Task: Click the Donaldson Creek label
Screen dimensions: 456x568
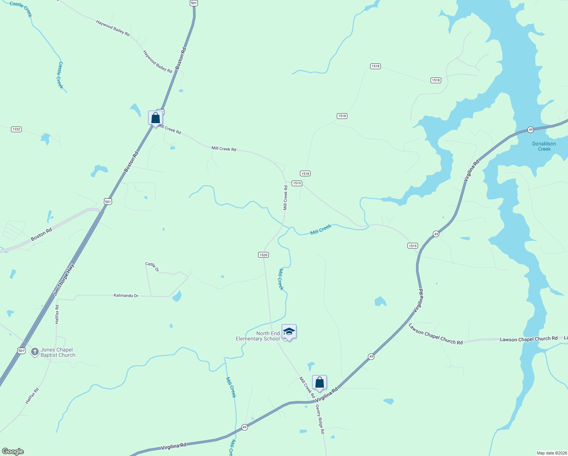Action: (x=544, y=146)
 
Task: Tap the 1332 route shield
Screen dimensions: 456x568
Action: (x=16, y=129)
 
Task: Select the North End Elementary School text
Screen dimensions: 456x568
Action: (x=258, y=336)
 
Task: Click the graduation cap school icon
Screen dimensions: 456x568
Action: (x=289, y=331)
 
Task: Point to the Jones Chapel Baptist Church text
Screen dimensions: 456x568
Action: (x=58, y=352)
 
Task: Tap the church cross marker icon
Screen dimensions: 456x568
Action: (x=35, y=351)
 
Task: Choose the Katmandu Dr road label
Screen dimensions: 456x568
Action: (x=126, y=295)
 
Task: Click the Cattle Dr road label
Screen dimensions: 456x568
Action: (x=152, y=266)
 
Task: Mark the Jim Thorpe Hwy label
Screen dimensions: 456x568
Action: (x=64, y=280)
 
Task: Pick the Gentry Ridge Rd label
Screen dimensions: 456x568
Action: (x=320, y=419)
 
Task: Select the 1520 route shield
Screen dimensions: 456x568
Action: (x=263, y=255)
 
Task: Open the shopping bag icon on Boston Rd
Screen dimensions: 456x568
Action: (x=155, y=118)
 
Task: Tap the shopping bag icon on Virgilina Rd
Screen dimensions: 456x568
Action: (x=319, y=382)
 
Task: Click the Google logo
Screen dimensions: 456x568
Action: (x=13, y=451)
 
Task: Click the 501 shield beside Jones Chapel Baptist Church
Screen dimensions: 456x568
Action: (x=22, y=350)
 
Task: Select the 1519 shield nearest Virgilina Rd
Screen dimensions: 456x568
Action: (x=413, y=245)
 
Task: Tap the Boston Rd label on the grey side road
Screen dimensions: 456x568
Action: (x=41, y=234)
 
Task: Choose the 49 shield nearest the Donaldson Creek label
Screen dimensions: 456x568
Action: (x=530, y=130)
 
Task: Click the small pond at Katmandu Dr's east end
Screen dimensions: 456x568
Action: (x=177, y=296)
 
